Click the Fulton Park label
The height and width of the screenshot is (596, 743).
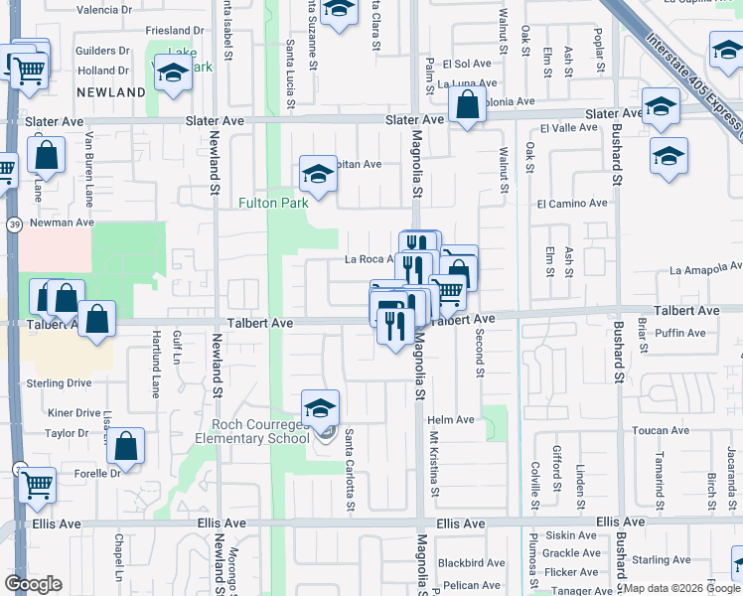pos(273,203)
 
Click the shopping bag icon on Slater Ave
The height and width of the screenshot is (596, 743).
pos(466,104)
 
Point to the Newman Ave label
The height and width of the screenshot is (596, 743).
pos(61,223)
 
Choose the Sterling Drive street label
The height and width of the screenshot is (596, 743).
pos(59,382)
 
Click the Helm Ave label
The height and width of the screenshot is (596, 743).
pos(451,420)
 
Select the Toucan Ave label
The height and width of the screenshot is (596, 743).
pos(660,431)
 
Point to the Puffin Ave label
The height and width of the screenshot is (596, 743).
pos(680,334)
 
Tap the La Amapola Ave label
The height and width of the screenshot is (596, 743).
pos(705,268)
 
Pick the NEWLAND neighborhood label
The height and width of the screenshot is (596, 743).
pos(111,92)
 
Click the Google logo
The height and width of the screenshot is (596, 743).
pos(33,583)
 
